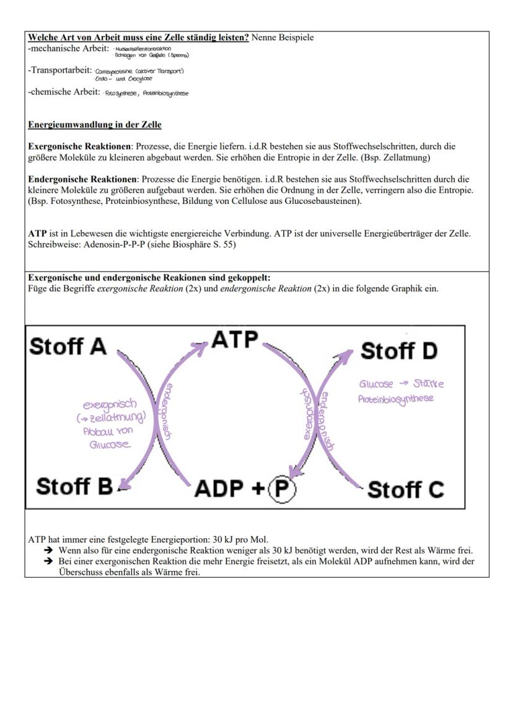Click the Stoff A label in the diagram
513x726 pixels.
(68, 346)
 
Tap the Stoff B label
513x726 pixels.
(74, 487)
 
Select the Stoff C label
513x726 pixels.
(405, 490)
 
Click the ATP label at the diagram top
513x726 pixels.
(235, 340)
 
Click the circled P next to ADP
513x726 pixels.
(282, 489)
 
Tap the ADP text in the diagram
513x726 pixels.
(219, 489)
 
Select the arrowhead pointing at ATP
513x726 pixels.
(201, 347)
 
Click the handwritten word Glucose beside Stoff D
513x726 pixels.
(376, 384)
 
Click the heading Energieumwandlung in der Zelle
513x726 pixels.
(94, 125)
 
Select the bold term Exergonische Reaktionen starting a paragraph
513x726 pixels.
(80, 147)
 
